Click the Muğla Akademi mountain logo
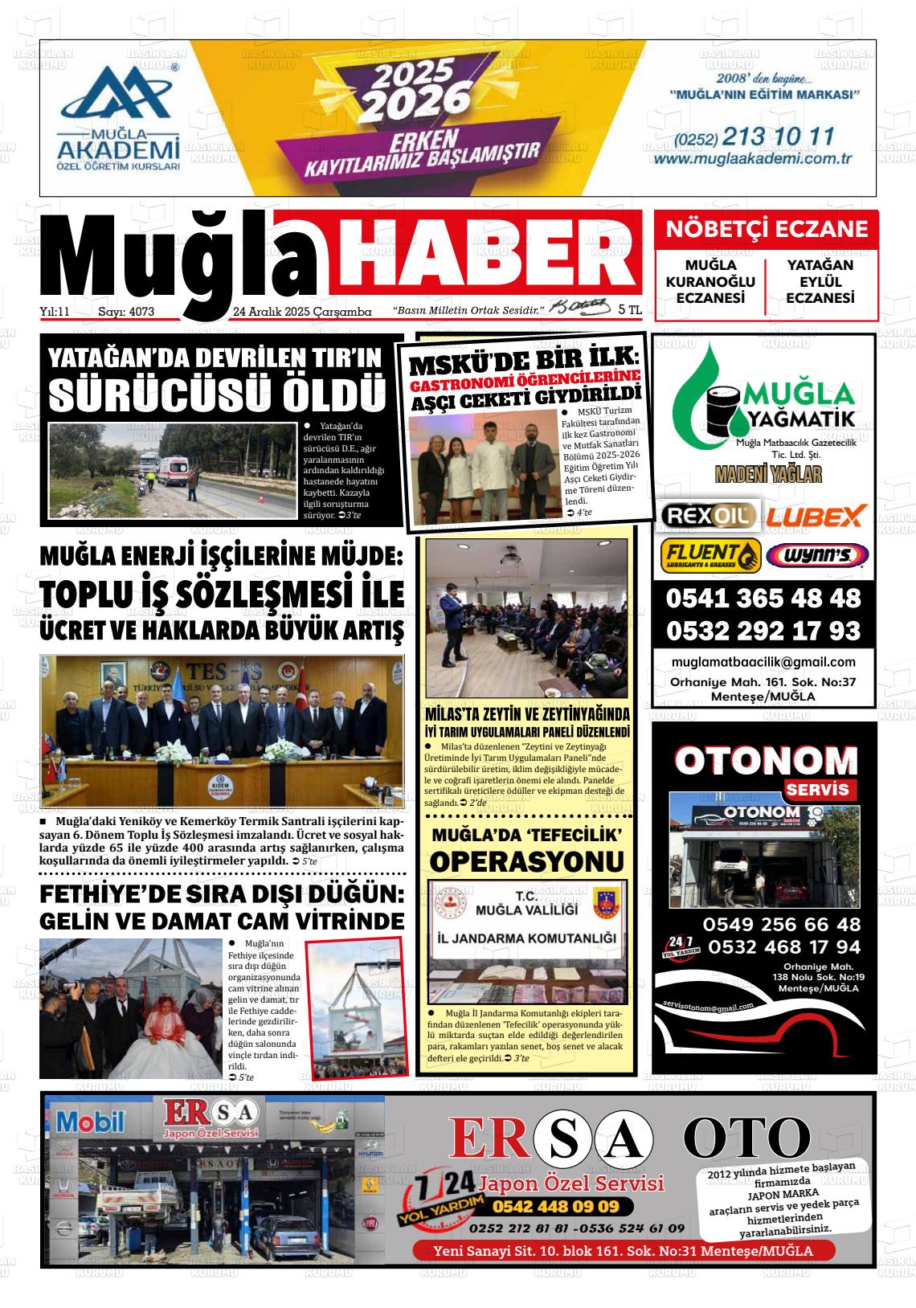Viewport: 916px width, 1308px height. click(x=117, y=96)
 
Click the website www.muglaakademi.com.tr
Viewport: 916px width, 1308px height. click(x=752, y=159)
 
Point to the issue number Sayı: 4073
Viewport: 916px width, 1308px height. click(x=125, y=312)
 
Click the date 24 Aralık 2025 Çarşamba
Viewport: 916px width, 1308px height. click(x=302, y=312)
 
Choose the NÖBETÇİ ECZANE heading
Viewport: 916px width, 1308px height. click(x=766, y=230)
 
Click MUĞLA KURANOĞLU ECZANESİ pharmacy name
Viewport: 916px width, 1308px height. click(x=710, y=281)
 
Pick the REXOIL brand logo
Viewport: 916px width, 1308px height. click(x=706, y=515)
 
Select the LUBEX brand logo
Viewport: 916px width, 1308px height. click(x=814, y=515)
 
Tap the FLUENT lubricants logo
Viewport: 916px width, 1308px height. click(x=710, y=555)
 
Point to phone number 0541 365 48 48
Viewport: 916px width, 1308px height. click(x=763, y=599)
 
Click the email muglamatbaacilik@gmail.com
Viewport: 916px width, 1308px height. click(x=763, y=662)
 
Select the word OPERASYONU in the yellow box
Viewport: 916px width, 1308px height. click(x=527, y=861)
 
